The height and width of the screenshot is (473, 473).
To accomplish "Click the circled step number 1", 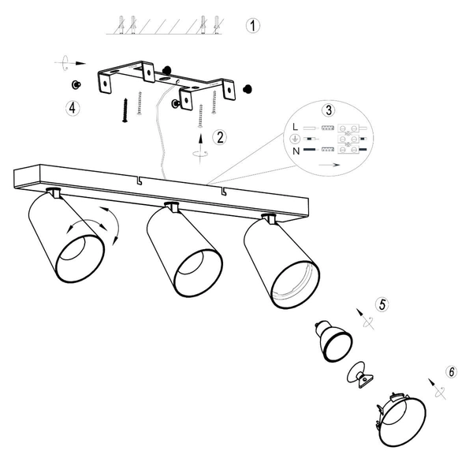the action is coord(253,26).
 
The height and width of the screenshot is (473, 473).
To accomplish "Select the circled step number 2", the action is coord(220,137).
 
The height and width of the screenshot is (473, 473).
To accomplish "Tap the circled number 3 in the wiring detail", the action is coord(329,110).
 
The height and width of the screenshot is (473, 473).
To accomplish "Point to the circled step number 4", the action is coord(73,108).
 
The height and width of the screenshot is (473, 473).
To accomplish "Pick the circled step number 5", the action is coord(382,304).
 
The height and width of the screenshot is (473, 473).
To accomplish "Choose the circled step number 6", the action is coord(451,371).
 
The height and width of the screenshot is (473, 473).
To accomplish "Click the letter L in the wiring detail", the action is coord(296,127).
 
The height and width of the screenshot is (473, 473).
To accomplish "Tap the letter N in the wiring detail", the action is coord(296,151).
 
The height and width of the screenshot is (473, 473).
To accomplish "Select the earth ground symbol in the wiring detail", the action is coord(295,139).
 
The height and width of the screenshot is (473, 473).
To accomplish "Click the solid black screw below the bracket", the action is coord(125,110).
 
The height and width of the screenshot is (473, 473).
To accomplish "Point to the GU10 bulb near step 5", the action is coord(333,341).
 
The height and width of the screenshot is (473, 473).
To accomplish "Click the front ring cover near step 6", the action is coord(401,420).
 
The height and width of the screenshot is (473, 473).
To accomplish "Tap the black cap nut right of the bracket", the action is coord(248,89).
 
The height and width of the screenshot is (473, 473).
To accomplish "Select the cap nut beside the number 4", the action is coord(76,85).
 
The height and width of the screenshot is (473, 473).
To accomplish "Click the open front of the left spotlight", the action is coord(80,259).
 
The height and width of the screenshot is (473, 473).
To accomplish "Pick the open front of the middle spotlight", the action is coord(198,273).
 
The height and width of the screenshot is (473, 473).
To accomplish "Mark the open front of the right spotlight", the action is coord(296,285).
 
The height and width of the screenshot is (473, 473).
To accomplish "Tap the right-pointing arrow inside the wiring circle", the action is coord(330,165).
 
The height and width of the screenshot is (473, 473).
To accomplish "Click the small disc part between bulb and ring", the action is coord(360,374).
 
